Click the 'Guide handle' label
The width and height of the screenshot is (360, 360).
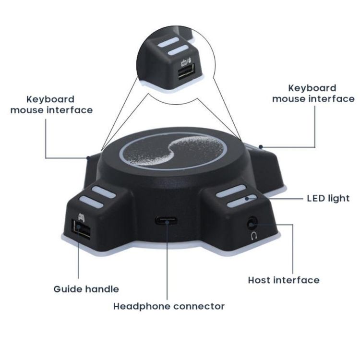tap(86, 289)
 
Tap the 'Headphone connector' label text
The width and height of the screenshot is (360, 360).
tap(169, 306)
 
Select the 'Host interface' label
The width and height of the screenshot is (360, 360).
tap(284, 280)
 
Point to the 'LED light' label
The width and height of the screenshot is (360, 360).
tap(328, 198)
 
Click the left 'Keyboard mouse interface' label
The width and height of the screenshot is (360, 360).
tap(51, 105)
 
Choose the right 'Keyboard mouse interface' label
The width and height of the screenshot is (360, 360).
tap(313, 94)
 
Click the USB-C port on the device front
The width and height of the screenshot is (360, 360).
tap(166, 221)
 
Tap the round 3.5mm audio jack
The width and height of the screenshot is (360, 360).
tap(252, 223)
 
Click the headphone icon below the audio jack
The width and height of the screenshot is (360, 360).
tap(254, 236)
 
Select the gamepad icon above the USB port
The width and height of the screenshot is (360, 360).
tap(81, 217)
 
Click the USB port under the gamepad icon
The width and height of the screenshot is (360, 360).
tap(81, 230)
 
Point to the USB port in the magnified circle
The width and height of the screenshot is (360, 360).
tap(186, 72)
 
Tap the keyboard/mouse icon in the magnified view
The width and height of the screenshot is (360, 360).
tap(186, 61)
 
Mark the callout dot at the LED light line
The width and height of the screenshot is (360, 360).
tap(247, 198)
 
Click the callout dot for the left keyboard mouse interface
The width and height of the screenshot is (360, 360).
tap(88, 158)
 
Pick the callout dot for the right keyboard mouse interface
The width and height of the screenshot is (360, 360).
tap(261, 147)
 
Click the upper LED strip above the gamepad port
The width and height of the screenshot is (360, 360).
tap(104, 192)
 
